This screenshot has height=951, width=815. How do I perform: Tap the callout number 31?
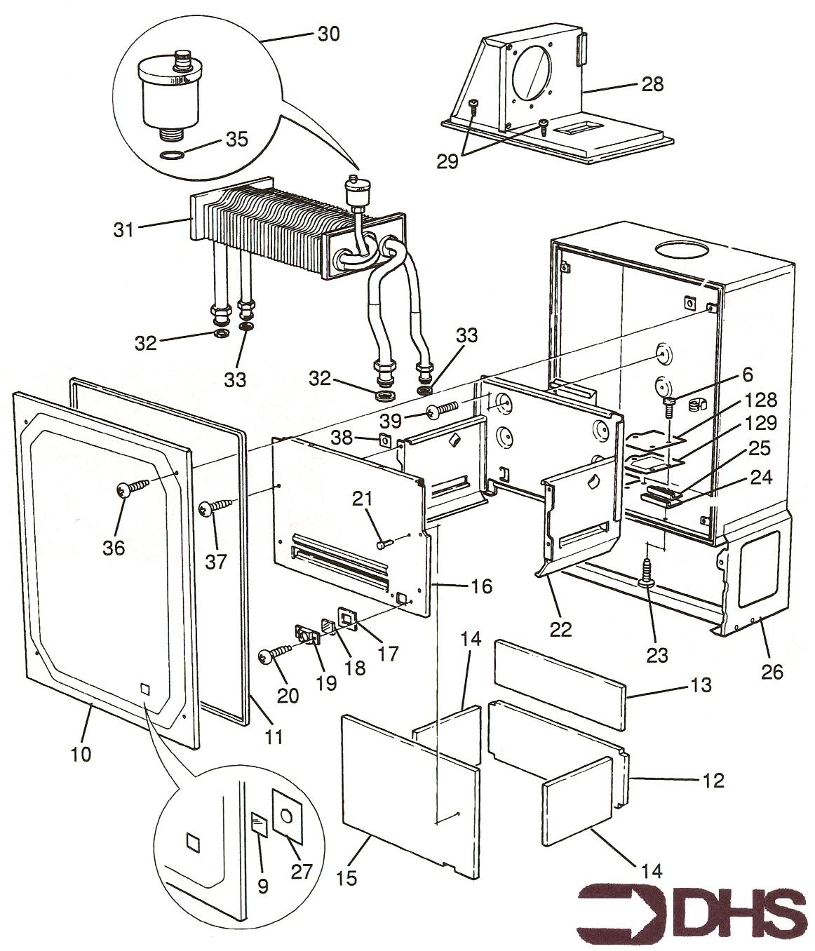tap(123, 229)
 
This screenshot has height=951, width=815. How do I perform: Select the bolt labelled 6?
tap(668, 403)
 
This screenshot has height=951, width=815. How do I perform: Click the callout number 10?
tap(82, 754)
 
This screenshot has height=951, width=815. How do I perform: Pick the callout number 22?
tap(561, 629)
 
